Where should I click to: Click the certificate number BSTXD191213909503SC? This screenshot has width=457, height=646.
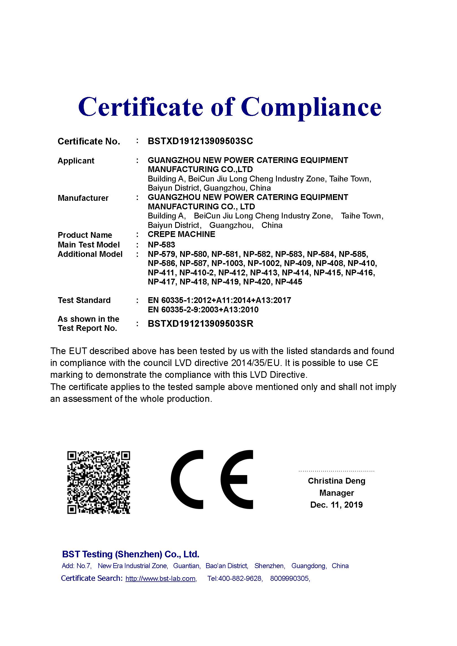click(200, 141)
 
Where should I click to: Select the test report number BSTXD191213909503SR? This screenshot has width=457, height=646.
click(200, 324)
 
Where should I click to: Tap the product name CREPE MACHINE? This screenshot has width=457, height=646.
click(182, 234)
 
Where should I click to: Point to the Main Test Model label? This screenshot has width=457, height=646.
click(89, 245)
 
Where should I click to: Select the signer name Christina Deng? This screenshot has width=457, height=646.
click(337, 481)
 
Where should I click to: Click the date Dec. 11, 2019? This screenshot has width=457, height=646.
click(337, 505)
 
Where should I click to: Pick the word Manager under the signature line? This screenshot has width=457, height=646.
click(337, 493)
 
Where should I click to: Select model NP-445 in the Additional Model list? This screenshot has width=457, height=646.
click(288, 282)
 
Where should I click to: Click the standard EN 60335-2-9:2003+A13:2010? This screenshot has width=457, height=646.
click(203, 310)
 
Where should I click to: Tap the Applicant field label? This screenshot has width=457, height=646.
click(76, 161)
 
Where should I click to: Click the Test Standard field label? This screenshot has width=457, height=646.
click(84, 300)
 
